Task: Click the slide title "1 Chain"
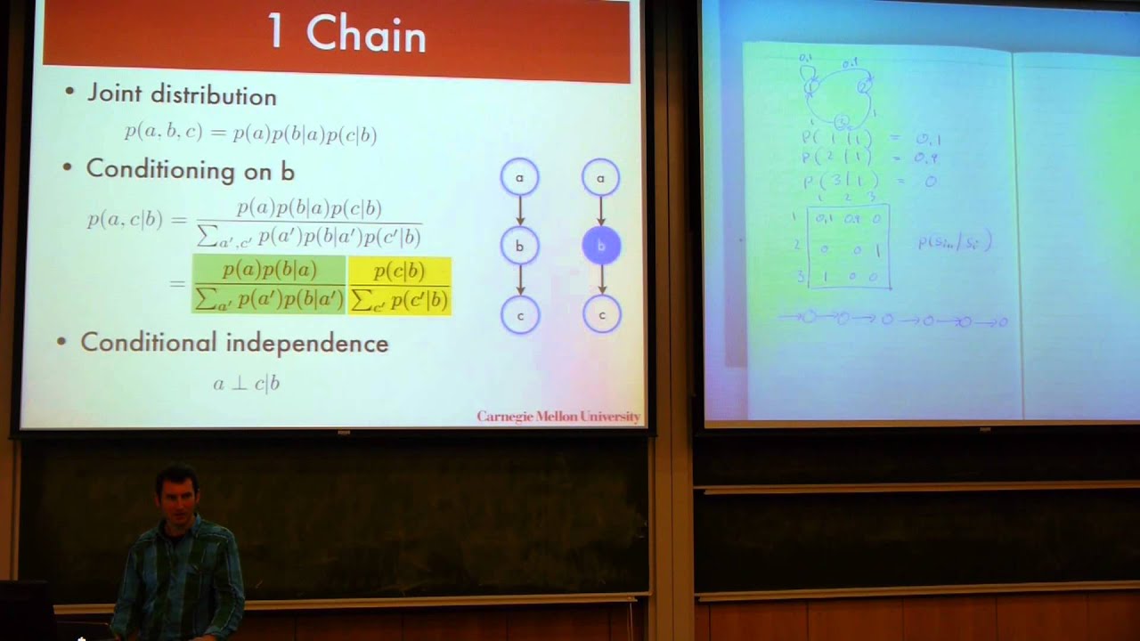point(346,35)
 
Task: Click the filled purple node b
point(601,246)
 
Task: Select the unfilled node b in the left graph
point(519,246)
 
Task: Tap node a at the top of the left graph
point(519,177)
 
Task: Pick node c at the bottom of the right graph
point(601,314)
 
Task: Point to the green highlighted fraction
point(269,285)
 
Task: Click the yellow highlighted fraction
point(399,285)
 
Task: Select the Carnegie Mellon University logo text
point(558,416)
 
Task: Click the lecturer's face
point(177,498)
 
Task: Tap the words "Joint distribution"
point(182,95)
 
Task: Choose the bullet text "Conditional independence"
point(234,343)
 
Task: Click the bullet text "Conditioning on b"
point(190,169)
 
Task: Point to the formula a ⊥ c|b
point(246,384)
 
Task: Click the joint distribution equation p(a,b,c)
point(250,134)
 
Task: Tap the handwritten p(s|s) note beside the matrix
point(955,242)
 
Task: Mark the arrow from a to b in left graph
point(519,211)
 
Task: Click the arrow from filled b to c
point(601,280)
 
